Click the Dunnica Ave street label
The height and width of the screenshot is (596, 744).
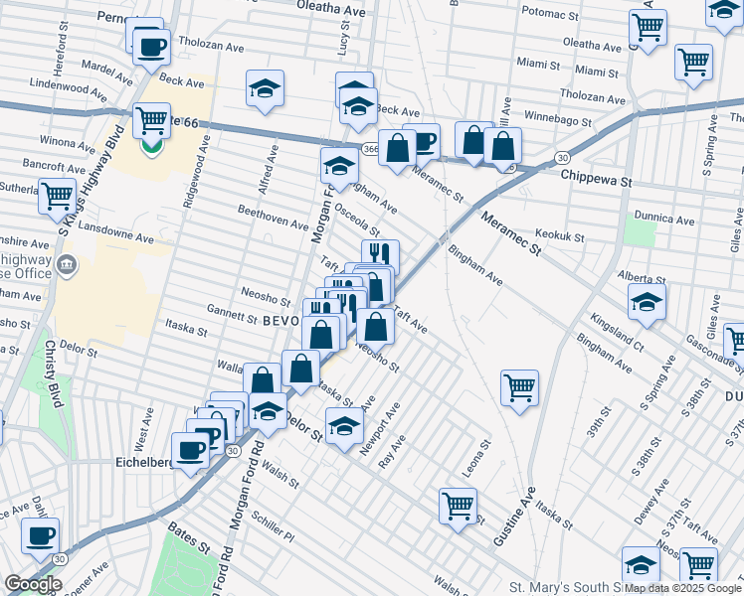coord(665,219)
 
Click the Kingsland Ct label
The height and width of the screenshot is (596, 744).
coord(618,323)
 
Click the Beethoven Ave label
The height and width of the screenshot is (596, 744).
coord(273,217)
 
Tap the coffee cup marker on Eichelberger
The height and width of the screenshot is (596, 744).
coord(190,449)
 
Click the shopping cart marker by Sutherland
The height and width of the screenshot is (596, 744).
coord(58,195)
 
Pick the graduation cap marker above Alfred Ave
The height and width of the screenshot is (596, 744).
coord(266,89)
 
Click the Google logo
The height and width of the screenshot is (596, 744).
coord(33,584)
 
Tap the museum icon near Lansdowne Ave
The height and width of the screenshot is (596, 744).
coord(67,264)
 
